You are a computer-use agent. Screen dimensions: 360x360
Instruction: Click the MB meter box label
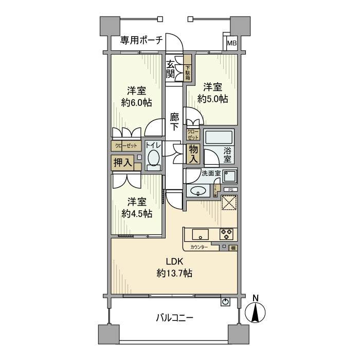coord(232,43)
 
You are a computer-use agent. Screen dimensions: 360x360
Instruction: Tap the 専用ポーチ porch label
coord(141,40)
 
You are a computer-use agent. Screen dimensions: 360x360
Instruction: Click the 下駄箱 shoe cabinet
coord(188,71)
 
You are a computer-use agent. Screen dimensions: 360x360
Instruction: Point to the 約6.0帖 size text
coord(136,102)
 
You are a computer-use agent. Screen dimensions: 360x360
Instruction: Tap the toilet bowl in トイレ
coord(153,160)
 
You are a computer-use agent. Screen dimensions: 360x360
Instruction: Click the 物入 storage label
coord(193,154)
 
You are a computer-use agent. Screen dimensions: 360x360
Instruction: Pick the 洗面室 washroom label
coord(211,173)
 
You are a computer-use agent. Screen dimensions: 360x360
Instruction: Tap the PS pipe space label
coord(230,189)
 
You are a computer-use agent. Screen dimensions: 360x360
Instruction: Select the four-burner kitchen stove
coord(227,234)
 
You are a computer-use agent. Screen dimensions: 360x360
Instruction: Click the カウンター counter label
coord(199,247)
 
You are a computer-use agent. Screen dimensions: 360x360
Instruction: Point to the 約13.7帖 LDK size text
coord(174,274)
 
